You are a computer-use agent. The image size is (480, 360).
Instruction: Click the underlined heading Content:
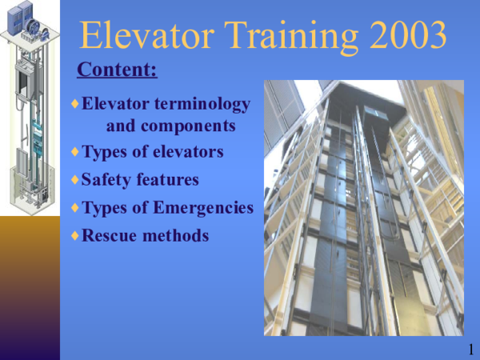click(117, 70)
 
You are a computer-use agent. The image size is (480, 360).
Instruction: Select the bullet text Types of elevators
click(153, 152)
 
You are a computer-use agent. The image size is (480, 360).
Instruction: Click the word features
click(168, 180)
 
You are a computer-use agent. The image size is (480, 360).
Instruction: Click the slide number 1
click(471, 350)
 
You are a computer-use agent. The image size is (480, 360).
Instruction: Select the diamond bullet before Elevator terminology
click(75, 104)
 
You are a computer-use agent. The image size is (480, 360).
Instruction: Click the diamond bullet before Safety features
click(75, 179)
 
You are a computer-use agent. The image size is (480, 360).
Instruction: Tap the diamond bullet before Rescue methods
click(75, 235)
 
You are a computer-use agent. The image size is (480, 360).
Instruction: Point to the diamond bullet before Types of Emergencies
click(75, 207)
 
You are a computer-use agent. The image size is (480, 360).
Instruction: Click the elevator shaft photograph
click(364, 207)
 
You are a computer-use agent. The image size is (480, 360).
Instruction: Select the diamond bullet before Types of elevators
click(75, 151)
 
